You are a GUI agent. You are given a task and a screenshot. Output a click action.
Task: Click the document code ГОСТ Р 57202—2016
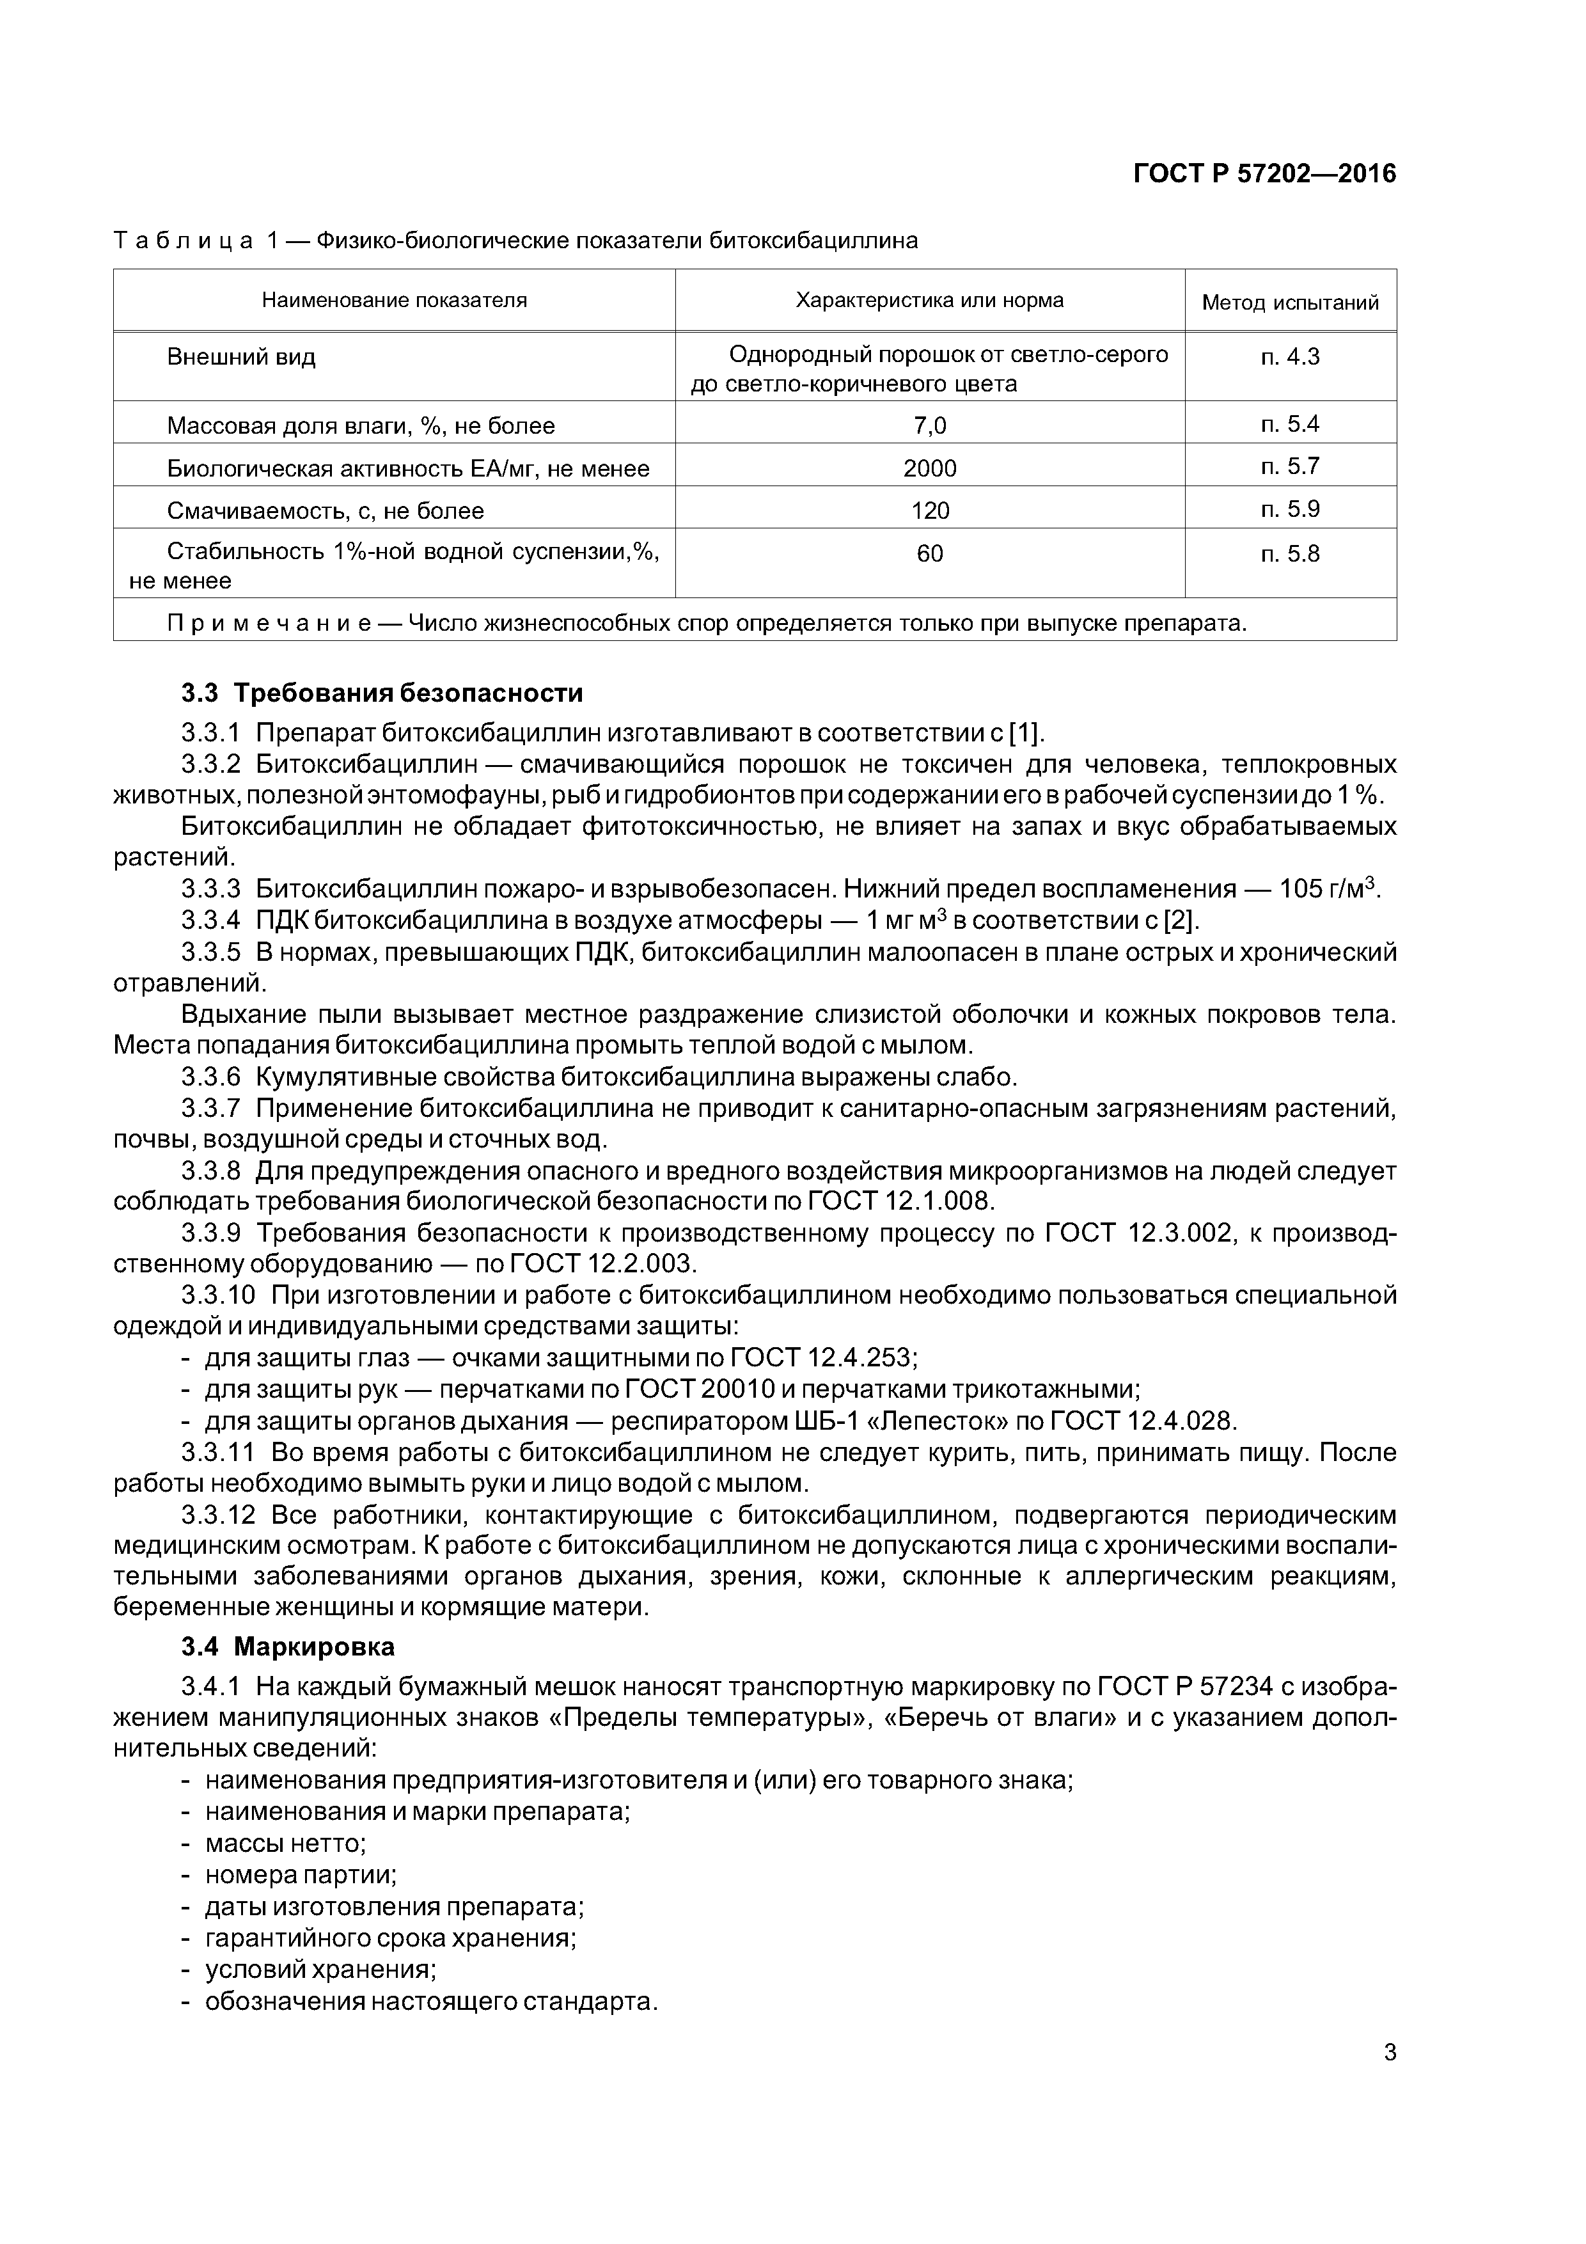[1264, 174]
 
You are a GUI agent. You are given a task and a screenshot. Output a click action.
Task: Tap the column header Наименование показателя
[394, 300]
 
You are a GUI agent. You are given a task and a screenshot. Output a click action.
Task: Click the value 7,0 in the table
[929, 425]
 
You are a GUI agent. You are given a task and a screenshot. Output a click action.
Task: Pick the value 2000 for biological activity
[929, 468]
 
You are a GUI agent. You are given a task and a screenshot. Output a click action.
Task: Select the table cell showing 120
[929, 511]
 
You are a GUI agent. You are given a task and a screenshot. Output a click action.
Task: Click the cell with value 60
[929, 554]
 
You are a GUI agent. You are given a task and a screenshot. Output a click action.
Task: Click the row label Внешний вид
[241, 357]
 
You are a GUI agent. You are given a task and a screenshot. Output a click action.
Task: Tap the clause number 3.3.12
[218, 1515]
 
